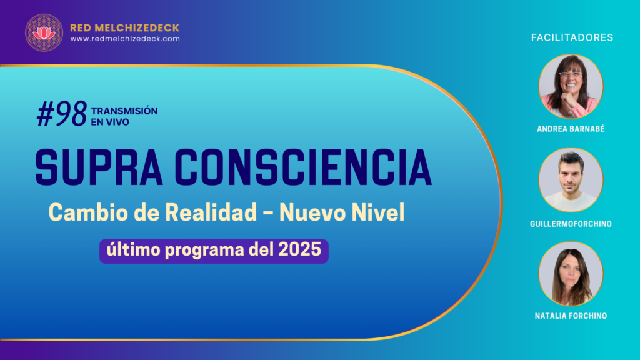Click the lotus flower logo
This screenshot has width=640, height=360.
(x=44, y=32)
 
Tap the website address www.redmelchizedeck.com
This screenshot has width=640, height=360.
(x=125, y=39)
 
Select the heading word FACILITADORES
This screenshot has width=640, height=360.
(x=572, y=37)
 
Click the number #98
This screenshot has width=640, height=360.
(x=62, y=114)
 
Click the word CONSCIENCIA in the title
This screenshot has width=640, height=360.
(x=303, y=167)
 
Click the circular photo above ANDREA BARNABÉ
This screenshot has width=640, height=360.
(x=571, y=86)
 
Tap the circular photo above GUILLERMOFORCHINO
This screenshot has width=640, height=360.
(x=571, y=180)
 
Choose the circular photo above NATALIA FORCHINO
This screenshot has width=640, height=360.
(x=571, y=274)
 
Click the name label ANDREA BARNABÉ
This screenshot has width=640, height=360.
(x=571, y=129)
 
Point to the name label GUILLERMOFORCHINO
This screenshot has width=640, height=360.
(x=571, y=224)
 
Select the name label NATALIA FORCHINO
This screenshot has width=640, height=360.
(x=571, y=316)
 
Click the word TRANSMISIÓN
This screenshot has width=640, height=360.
(x=124, y=111)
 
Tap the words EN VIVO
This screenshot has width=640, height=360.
(x=110, y=122)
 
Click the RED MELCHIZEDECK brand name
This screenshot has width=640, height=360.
(x=125, y=27)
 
